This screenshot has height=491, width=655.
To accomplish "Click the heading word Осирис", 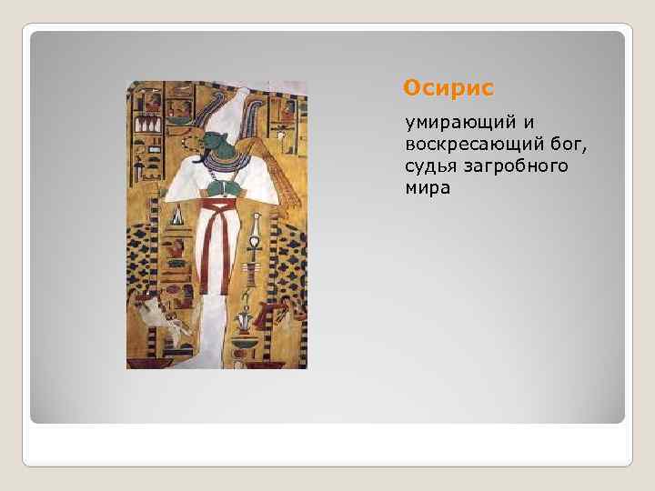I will click(448, 88).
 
